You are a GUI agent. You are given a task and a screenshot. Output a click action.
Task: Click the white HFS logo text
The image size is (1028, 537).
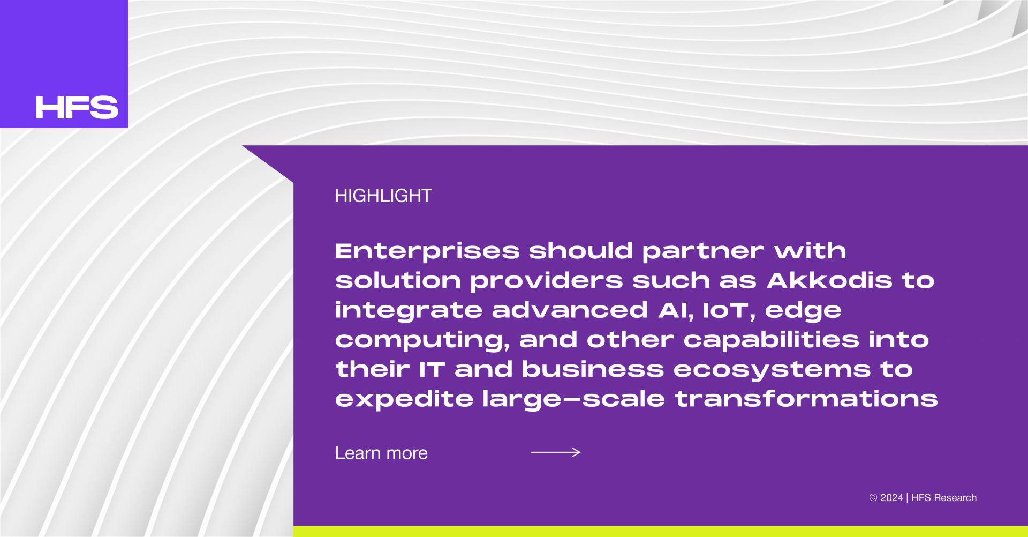coord(77,107)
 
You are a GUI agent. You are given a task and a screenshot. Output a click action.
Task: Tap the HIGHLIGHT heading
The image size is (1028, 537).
coord(383,196)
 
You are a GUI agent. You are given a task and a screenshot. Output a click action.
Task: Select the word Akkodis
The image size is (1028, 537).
coord(829,280)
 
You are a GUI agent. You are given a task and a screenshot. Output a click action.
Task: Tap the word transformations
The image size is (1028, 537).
coord(806,399)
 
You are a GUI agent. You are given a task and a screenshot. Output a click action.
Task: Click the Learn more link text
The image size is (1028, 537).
coord(381,453)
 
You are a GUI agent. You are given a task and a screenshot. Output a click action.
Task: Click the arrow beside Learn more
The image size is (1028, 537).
coord(556,452)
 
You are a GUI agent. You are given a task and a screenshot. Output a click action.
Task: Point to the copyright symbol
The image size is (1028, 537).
coord(873,498)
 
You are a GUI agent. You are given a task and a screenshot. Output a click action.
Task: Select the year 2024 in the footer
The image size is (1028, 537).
coord(891,498)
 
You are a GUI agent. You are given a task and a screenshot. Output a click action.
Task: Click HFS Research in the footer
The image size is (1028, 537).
coord(944,498)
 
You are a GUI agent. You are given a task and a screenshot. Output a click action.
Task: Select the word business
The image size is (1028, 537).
coord(593,369)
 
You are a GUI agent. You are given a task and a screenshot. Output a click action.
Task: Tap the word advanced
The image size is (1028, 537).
coord(570,310)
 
